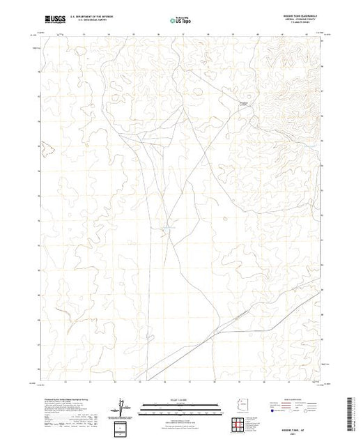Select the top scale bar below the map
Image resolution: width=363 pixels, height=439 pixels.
[174, 404]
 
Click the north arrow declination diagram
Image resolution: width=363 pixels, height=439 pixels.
[123, 406]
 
